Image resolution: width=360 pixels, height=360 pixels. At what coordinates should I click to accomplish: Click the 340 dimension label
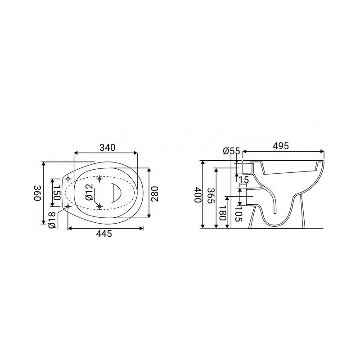pos(108,148)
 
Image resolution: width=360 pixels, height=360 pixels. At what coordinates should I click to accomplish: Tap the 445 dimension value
pos(104,234)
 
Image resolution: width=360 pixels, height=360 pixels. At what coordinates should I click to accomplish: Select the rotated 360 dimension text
pos(37,193)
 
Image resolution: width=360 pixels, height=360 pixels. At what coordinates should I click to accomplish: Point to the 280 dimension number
pos(155,194)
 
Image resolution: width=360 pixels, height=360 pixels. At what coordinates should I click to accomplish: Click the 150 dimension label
pos(57,192)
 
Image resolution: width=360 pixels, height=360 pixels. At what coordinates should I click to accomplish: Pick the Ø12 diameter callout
pos(90,192)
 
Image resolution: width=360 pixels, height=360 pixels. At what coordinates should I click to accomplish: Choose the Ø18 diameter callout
pos(52,220)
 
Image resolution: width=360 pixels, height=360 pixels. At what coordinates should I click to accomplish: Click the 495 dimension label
pos(281,146)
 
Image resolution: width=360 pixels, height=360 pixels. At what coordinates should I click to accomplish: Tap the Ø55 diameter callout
pos(231,151)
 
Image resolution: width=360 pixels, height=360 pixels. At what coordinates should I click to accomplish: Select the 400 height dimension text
pos(198,195)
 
